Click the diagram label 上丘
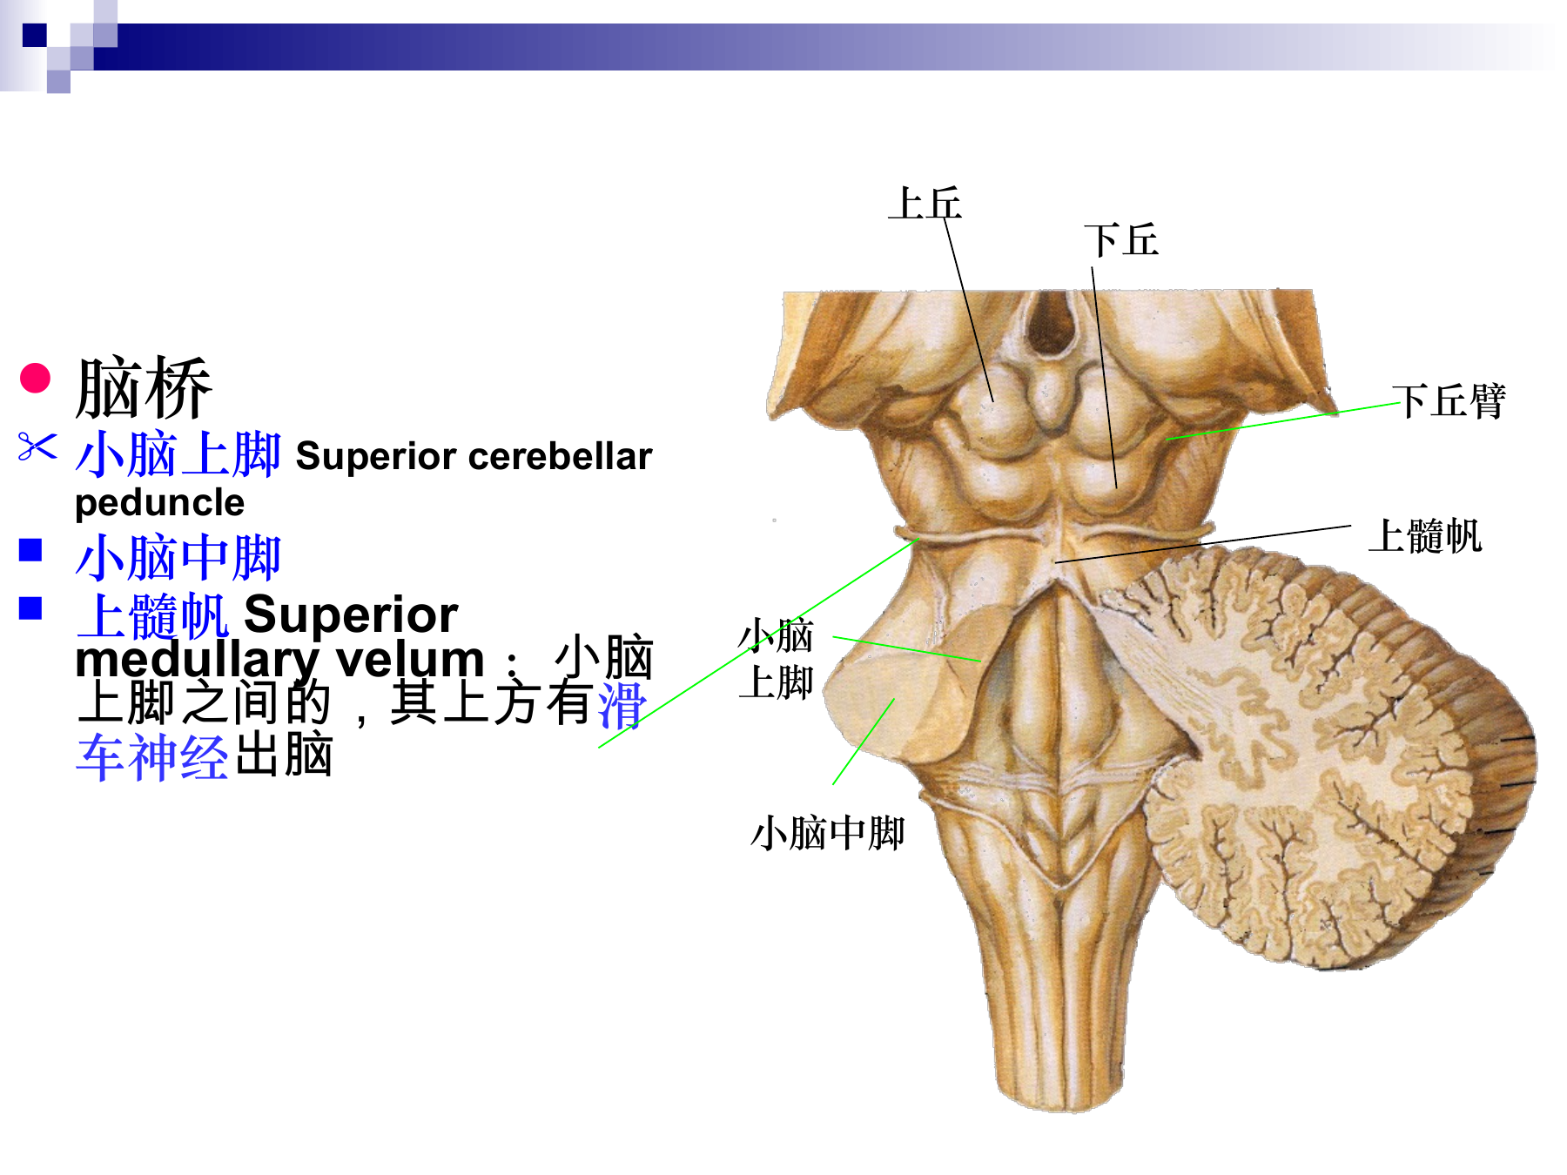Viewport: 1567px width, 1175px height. pos(925,204)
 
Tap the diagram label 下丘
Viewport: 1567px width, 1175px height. pos(1121,240)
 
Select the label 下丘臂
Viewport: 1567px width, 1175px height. pos(1449,401)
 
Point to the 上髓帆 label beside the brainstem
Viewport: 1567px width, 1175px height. pos(1425,535)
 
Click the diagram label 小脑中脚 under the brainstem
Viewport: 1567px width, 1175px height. pos(828,833)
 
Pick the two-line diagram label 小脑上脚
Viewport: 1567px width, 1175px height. pos(776,659)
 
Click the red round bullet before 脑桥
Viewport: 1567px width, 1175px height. pos(36,378)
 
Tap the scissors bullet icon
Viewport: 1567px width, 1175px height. pos(37,447)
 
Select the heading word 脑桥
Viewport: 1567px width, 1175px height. pos(144,388)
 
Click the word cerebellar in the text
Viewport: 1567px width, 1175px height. pos(562,456)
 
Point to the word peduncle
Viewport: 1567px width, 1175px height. pos(160,503)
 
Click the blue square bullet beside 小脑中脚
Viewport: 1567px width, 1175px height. pos(31,550)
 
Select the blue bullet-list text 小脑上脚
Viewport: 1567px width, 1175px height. pos(178,453)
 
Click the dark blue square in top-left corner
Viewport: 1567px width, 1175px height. pos(35,35)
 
